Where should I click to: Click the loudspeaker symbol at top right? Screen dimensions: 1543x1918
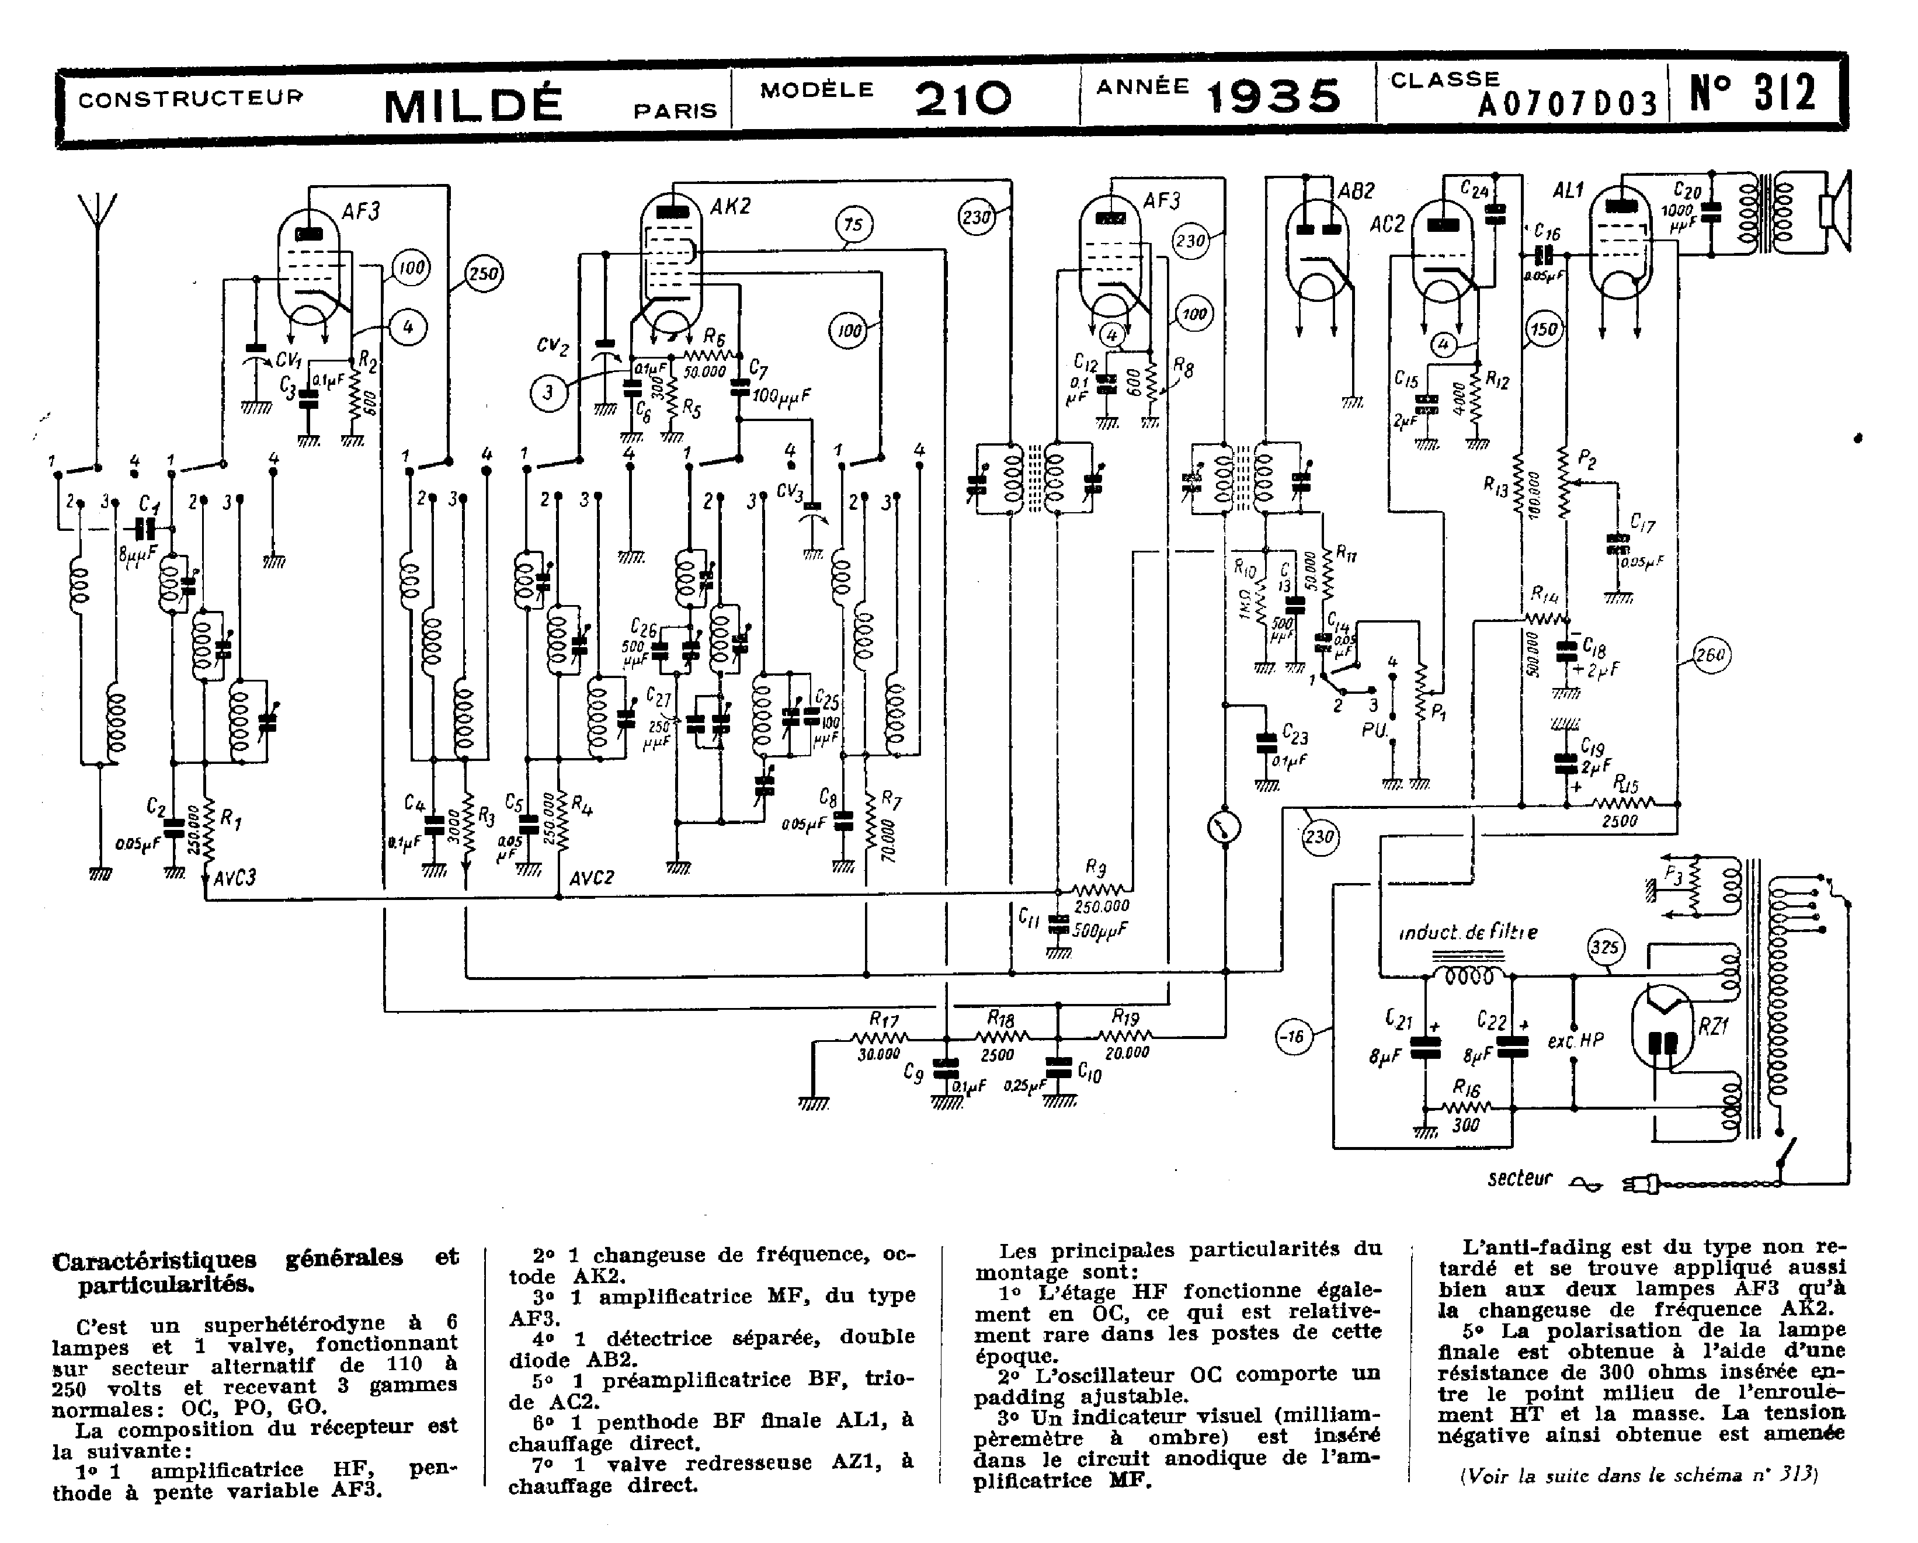point(1835,211)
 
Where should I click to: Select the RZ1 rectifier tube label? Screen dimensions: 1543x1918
point(1712,1027)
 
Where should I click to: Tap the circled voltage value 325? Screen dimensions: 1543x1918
point(1606,948)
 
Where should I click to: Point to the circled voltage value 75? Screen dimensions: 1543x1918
point(853,225)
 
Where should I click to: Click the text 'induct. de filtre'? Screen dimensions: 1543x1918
point(1468,932)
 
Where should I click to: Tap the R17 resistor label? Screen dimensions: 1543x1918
point(884,1019)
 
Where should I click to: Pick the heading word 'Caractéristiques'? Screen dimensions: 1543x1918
point(154,1260)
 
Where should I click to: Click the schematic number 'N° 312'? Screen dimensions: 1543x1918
point(1753,94)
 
